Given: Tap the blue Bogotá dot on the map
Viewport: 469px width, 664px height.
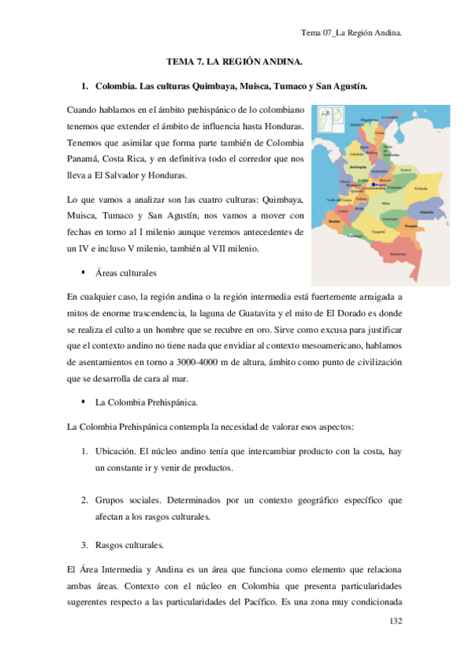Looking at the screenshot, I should (374, 185).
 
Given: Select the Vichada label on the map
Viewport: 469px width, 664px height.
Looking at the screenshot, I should (421, 189).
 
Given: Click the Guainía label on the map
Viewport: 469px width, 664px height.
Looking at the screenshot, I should (426, 212).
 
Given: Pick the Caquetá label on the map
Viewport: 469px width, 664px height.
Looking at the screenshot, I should (378, 232).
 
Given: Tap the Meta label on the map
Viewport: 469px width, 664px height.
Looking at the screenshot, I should (385, 203).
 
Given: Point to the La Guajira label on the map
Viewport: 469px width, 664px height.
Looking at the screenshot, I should (389, 117).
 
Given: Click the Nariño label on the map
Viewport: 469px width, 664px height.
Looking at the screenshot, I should (334, 222).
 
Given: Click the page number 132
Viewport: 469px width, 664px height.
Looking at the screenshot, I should (395, 620).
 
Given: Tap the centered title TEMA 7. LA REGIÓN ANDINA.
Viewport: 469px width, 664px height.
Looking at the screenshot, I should (235, 61).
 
